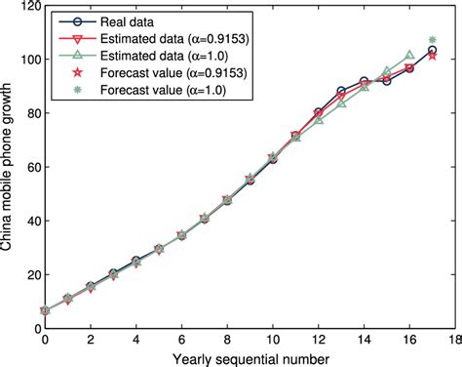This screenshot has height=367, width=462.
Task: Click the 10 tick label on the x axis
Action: coord(272,341)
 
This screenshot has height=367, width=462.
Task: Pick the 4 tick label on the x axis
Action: coord(135,341)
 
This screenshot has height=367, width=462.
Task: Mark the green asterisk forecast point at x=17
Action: coord(433,40)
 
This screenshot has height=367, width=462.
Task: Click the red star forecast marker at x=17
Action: coord(433,56)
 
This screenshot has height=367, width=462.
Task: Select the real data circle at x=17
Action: coord(433,50)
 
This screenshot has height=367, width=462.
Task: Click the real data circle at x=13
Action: coord(341,92)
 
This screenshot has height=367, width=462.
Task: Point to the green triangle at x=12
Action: coord(319,120)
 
